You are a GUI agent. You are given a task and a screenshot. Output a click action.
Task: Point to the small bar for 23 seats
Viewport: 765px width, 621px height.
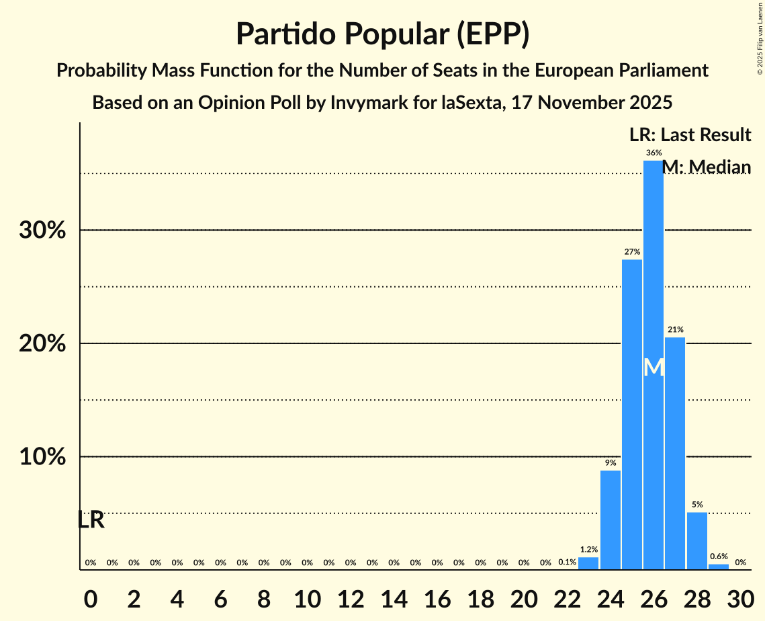[588, 563]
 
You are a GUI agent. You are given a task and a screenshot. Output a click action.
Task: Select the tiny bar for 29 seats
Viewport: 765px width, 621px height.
[719, 567]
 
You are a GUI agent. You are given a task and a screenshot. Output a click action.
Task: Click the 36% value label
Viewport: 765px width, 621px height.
[654, 153]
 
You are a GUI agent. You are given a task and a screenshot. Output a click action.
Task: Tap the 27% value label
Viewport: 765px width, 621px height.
[632, 252]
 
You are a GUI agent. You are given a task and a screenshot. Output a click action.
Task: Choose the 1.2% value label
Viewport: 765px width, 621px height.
[588, 550]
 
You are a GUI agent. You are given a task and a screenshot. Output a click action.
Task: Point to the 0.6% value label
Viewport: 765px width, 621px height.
[719, 556]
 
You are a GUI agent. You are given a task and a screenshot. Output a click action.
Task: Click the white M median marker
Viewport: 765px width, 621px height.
[654, 368]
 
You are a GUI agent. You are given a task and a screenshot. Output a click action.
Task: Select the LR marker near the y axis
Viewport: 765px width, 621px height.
[91, 520]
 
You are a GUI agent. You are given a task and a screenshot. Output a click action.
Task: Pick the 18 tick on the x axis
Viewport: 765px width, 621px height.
[480, 599]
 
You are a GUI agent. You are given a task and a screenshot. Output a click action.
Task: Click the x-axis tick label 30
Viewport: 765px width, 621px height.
[740, 599]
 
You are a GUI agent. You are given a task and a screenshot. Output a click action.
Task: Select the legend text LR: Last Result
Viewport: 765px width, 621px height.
[690, 135]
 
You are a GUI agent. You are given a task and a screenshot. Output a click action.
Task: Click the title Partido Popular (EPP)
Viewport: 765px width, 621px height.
[382, 35]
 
